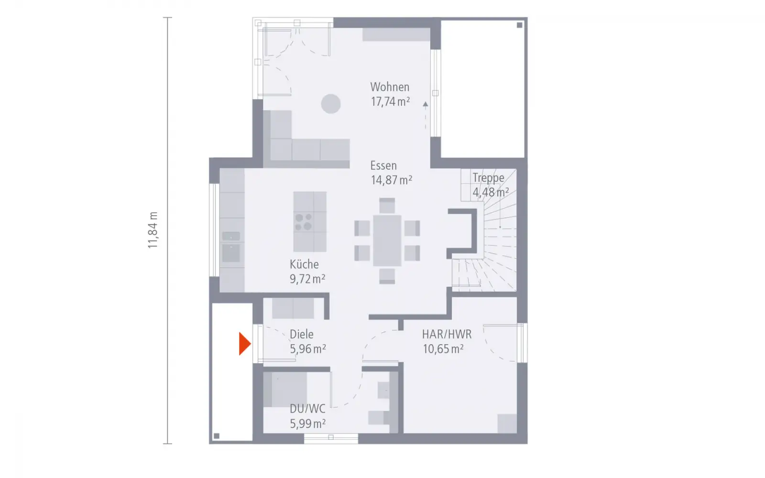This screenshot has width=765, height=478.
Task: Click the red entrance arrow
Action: tap(244, 344)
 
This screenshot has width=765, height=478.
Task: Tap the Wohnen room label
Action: tap(390, 87)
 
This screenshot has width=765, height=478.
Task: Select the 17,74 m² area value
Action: tap(390, 102)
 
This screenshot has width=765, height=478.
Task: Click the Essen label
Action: tap(383, 165)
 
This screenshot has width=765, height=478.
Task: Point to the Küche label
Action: tap(304, 264)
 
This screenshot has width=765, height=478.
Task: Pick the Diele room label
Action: tap(301, 334)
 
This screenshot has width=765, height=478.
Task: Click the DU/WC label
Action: tap(307, 409)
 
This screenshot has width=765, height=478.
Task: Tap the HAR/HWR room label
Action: tap(447, 334)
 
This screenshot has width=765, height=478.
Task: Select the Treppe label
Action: tap(488, 178)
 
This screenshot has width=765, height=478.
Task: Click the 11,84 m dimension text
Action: tap(153, 230)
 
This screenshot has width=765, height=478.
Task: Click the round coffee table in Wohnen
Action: tap(330, 104)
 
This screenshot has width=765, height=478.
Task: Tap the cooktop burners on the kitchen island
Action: tap(304, 222)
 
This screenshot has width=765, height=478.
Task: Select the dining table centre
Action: tap(387, 241)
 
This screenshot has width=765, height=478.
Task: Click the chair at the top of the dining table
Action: tap(387, 206)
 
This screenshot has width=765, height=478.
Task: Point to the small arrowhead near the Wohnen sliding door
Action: tap(425, 105)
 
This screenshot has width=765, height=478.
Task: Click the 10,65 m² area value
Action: tap(443, 349)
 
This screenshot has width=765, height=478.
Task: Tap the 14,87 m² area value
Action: tap(392, 180)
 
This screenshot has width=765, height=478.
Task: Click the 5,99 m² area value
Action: tap(307, 424)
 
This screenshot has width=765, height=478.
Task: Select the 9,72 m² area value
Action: tap(307, 279)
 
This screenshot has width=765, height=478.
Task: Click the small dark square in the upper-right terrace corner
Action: tap(519, 25)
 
